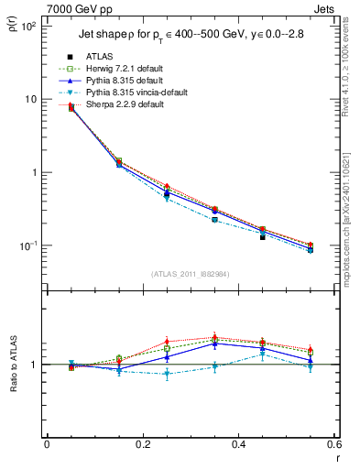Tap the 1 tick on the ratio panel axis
click(x=35, y=365)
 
